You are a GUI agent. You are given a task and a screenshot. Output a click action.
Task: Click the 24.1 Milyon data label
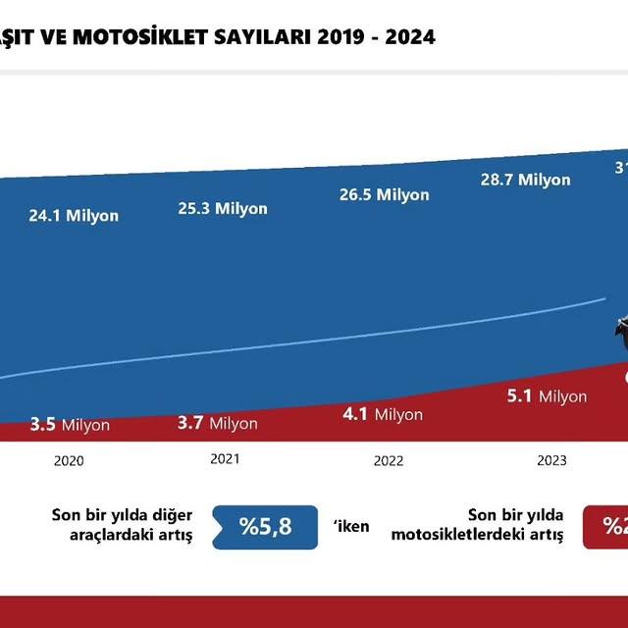[x=74, y=215]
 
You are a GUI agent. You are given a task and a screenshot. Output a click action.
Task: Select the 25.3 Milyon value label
[x=223, y=208]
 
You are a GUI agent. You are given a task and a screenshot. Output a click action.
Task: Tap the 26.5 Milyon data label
[x=385, y=194]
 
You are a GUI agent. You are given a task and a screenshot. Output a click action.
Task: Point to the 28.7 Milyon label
[x=525, y=180]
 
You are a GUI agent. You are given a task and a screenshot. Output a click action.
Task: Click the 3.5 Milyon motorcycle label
[x=70, y=425]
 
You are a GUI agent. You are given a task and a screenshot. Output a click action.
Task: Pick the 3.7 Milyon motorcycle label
[x=218, y=423]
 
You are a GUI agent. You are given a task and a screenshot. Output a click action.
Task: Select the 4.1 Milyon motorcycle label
[x=383, y=414]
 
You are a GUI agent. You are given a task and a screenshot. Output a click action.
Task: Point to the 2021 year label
[x=225, y=458]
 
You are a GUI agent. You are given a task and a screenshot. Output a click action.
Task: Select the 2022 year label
[x=389, y=461]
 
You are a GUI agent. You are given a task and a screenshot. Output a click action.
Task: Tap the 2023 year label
[x=552, y=460]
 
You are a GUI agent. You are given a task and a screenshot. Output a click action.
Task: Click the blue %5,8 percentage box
[x=265, y=527]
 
